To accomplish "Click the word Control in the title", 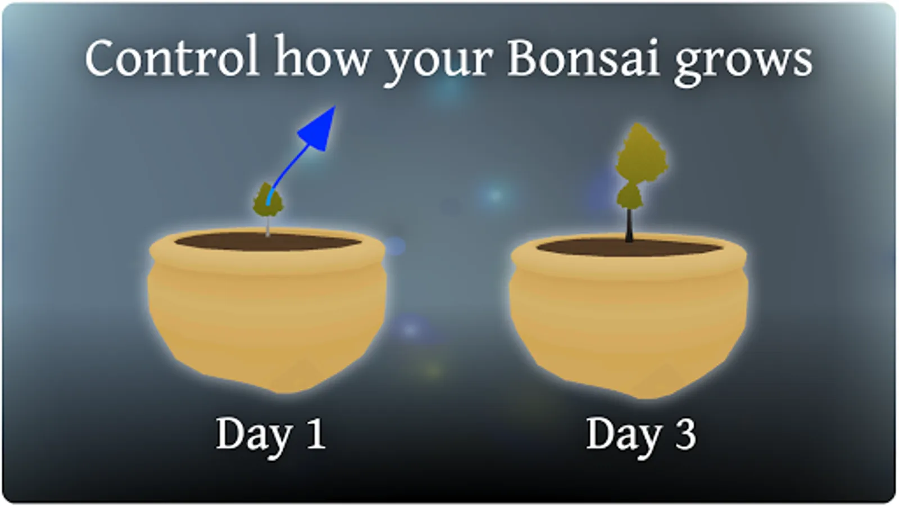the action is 172,56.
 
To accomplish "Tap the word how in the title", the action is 322,56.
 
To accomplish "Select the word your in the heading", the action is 438,64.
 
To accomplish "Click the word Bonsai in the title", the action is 584,56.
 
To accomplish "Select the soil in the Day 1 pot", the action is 268,242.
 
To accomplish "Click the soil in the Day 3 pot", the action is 629,247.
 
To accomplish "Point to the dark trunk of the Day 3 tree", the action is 629,225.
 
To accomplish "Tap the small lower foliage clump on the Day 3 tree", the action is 629,197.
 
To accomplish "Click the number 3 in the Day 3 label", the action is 685,433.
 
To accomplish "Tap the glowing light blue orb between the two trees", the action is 494,195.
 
